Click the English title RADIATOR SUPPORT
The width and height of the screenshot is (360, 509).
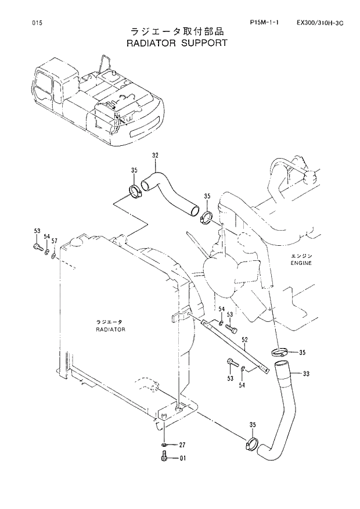pyautogui.click(x=177, y=43)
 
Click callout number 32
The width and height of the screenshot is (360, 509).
pyautogui.click(x=155, y=155)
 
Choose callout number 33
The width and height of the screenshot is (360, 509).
pyautogui.click(x=306, y=374)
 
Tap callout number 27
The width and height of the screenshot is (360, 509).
pyautogui.click(x=182, y=445)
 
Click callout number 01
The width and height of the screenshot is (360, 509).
pyautogui.click(x=182, y=458)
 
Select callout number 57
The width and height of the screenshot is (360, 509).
pyautogui.click(x=55, y=240)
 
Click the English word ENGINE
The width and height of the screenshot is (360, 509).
pyautogui.click(x=301, y=263)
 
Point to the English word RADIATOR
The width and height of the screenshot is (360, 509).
pyautogui.click(x=110, y=329)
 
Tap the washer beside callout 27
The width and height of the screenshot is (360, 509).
pyautogui.click(x=165, y=445)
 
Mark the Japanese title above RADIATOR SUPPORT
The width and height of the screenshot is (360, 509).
pyautogui.click(x=177, y=31)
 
